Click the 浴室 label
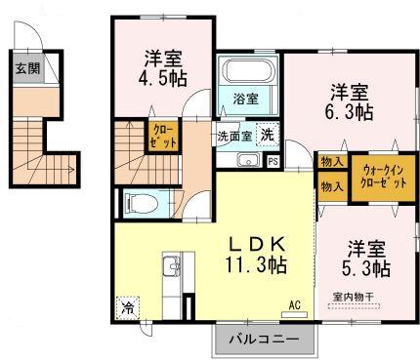point(246,99)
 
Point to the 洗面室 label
point(234,137)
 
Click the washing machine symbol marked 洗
point(267,137)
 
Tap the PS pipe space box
point(273,161)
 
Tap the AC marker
point(294,305)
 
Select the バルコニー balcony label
point(265,340)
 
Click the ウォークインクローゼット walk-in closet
point(377,178)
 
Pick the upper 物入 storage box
point(330,163)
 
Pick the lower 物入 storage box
point(330,185)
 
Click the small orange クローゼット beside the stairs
point(162,137)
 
